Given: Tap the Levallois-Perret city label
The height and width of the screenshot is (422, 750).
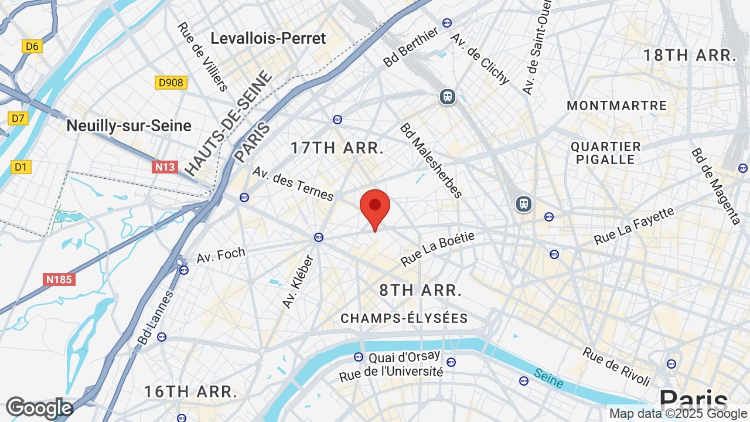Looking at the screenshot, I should point(268,39).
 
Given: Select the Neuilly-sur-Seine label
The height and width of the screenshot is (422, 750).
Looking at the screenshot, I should point(129,125).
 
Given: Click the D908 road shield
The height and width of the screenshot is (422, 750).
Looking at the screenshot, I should point(171,83).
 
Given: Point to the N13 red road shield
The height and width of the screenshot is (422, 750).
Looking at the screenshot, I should point(165,167).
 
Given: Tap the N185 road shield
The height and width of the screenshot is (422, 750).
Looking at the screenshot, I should point(60,280).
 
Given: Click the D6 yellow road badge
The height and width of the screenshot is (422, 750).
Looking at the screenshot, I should point(32,46).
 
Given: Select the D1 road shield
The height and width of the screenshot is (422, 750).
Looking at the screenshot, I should point(21,167).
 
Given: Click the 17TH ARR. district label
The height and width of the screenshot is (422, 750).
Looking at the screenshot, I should point(337,148).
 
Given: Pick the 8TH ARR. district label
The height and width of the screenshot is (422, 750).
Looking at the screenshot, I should point(421,290).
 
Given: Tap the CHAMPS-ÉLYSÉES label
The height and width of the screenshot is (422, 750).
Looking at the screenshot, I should point(404,318).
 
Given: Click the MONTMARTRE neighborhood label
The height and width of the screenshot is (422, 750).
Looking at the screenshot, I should point(617,106).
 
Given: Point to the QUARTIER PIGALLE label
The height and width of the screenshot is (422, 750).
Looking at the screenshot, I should point(606,153).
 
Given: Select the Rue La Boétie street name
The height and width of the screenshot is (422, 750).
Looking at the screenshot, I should point(437,249).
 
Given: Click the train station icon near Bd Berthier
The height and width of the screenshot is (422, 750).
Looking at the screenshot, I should point(448,96).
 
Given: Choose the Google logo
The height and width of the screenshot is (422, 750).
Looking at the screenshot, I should point(39,408).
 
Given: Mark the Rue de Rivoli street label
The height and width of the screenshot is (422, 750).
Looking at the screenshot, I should point(616,366).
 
